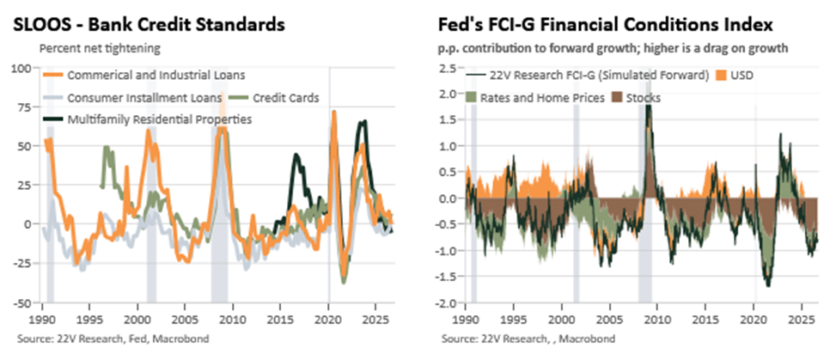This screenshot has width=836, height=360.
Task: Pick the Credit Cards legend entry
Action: tap(275, 98)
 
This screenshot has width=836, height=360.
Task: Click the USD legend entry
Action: tap(734, 76)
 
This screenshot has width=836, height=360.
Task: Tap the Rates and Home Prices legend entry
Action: tap(536, 98)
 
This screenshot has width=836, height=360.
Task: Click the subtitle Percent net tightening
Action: tap(100, 48)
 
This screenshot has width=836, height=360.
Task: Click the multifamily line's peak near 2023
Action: tap(363, 122)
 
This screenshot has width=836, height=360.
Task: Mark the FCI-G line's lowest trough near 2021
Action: tap(768, 286)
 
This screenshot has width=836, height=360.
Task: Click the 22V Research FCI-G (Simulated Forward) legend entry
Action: tap(588, 76)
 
